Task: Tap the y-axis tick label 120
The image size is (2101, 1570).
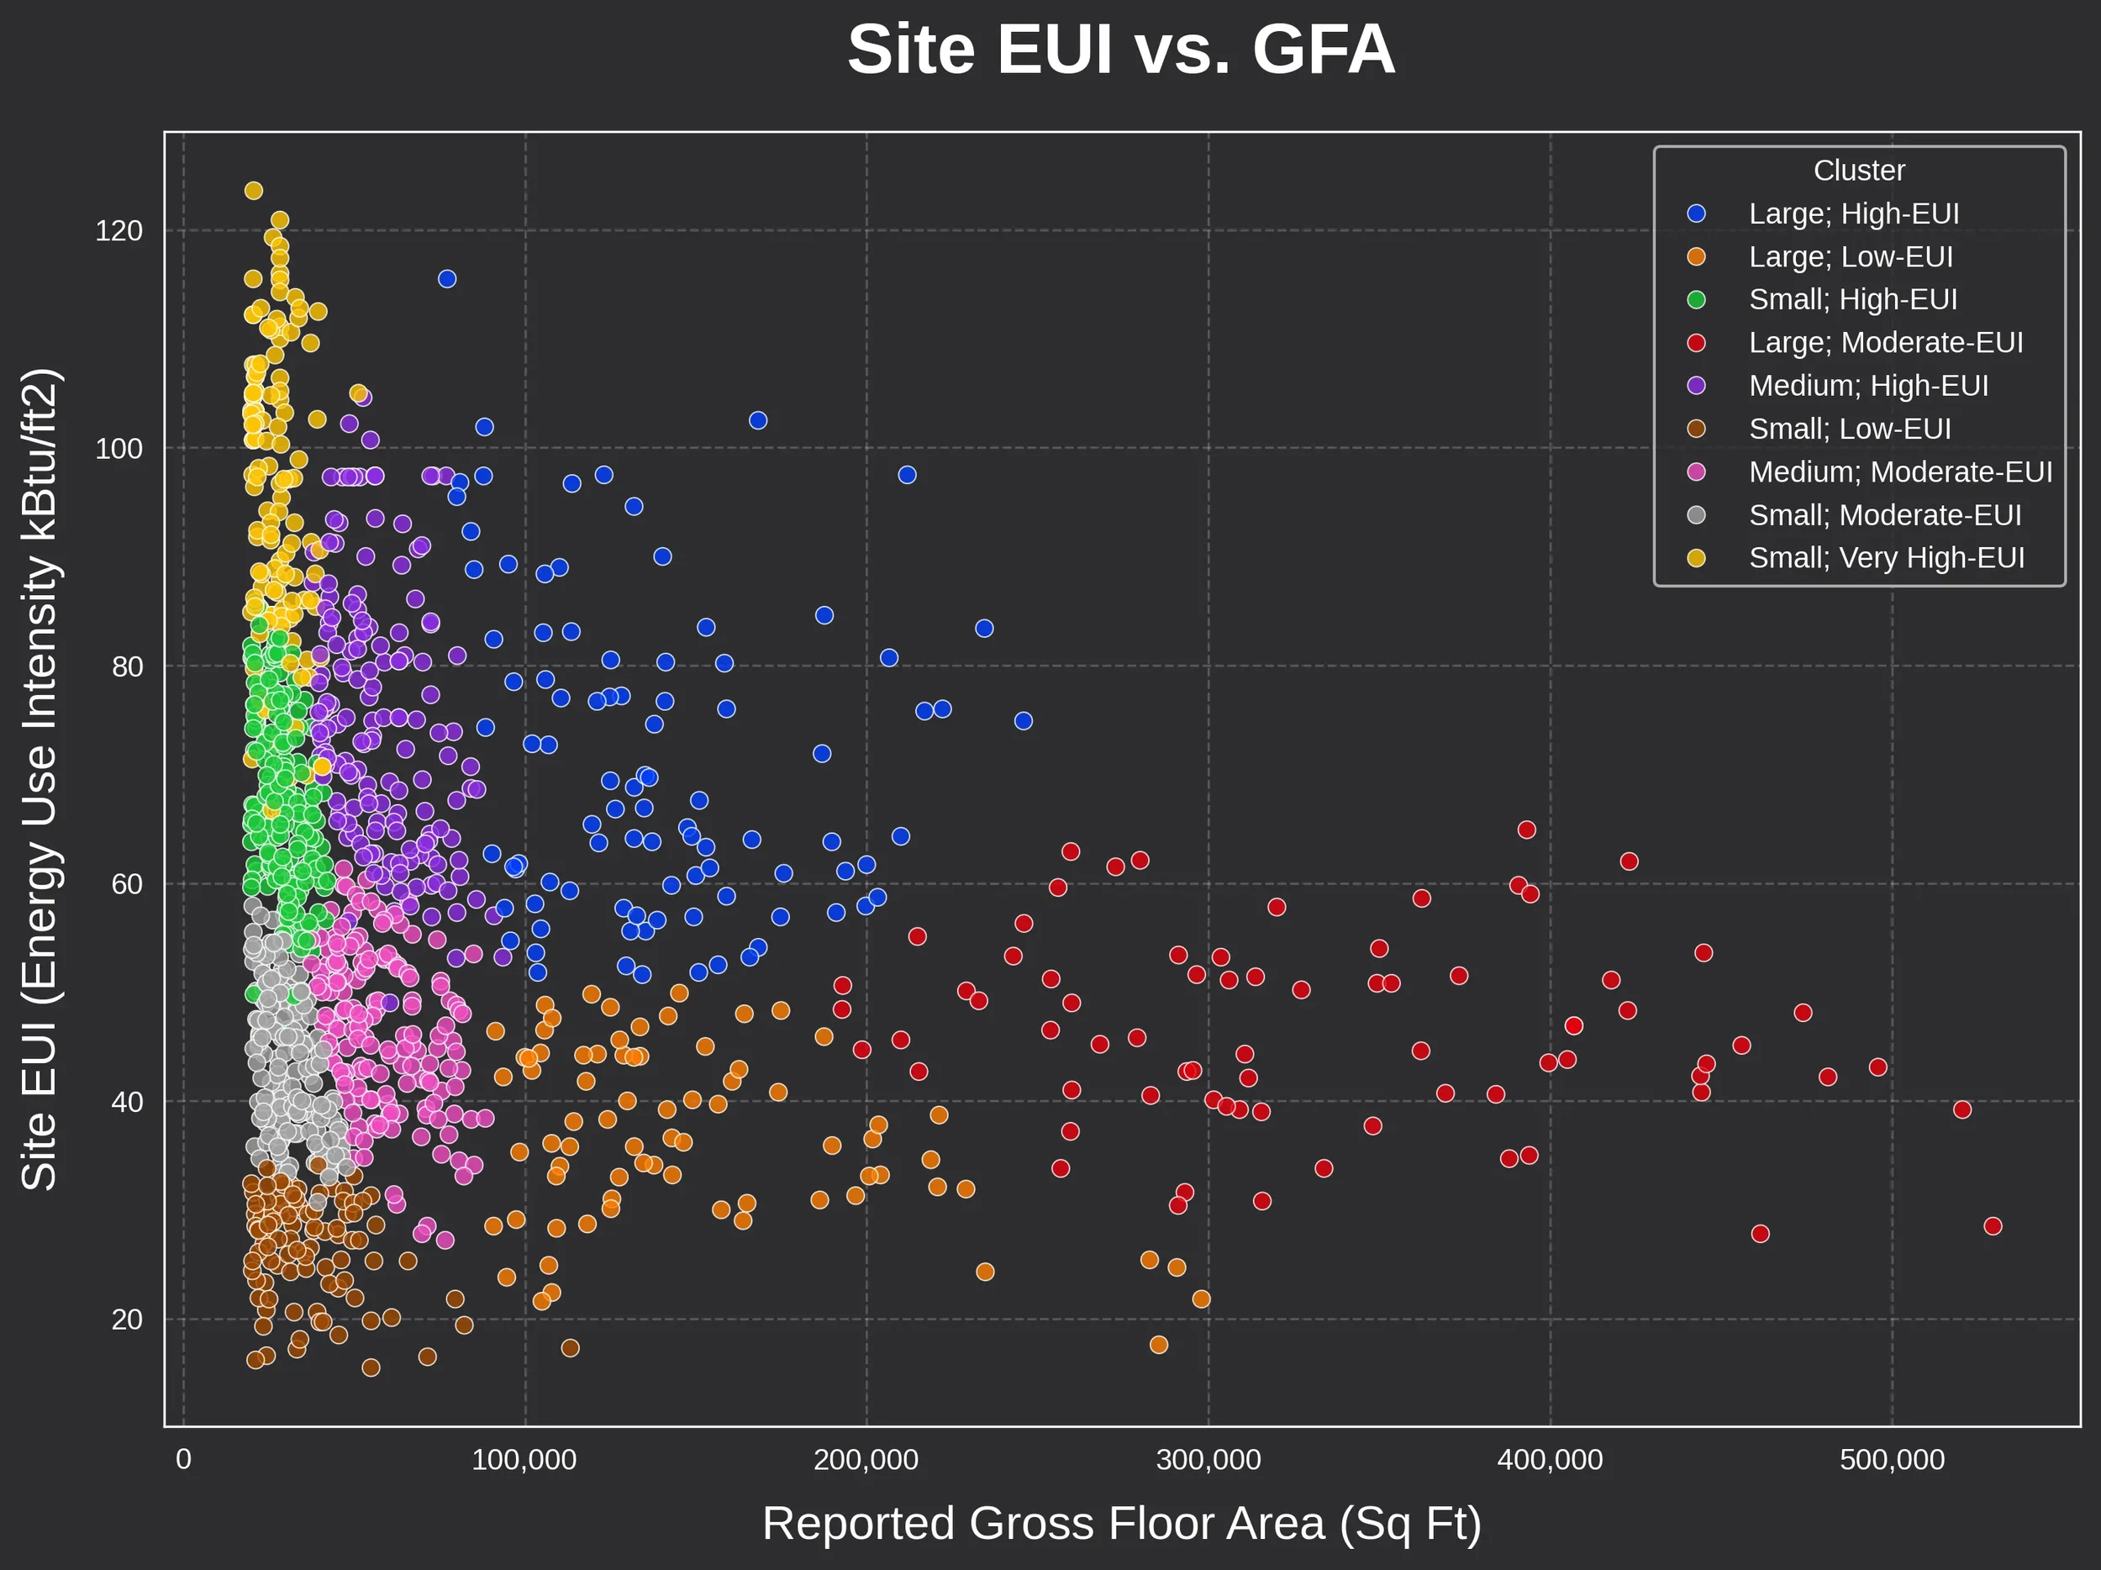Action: pyautogui.click(x=118, y=231)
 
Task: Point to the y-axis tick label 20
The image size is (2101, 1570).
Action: pyautogui.click(x=126, y=1320)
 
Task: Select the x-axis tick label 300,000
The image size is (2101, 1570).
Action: pyautogui.click(x=1208, y=1460)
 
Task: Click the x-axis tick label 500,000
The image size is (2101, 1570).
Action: pyautogui.click(x=1892, y=1460)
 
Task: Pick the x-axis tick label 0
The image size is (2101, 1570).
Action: pyautogui.click(x=183, y=1460)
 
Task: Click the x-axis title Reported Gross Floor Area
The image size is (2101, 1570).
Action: pyautogui.click(x=1121, y=1524)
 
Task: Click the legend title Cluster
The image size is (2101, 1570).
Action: pyautogui.click(x=1859, y=170)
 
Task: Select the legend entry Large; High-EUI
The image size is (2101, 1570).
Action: pyautogui.click(x=1853, y=213)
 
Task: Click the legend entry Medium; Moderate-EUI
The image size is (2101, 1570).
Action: pyautogui.click(x=1899, y=472)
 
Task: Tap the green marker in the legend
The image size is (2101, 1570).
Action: pyautogui.click(x=1697, y=300)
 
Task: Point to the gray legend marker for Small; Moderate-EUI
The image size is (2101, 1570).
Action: pyautogui.click(x=1697, y=514)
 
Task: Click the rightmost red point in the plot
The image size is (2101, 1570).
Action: pyautogui.click(x=1993, y=1226)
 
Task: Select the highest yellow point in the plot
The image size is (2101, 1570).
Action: pyautogui.click(x=254, y=191)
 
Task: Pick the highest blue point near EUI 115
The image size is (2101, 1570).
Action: pyautogui.click(x=447, y=279)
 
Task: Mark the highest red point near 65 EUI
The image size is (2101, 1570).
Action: pyautogui.click(x=1526, y=830)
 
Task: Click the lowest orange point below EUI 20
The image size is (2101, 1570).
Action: pyautogui.click(x=1159, y=1345)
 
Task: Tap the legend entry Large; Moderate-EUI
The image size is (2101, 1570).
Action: pyautogui.click(x=1885, y=343)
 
